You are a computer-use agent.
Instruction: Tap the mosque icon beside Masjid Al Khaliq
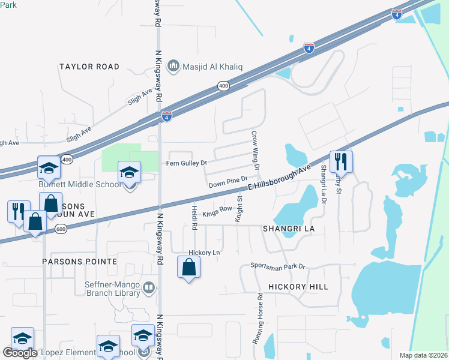pyautogui.click(x=173, y=65)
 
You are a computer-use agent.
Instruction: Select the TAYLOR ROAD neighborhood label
pyautogui.click(x=89, y=67)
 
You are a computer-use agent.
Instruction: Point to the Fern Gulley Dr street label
pyautogui.click(x=186, y=163)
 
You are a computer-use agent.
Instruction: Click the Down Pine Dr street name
pyautogui.click(x=228, y=181)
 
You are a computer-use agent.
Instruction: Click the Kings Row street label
pyautogui.click(x=217, y=211)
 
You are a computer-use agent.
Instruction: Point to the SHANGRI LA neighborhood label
pyautogui.click(x=285, y=229)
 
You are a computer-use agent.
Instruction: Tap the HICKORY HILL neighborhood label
pyautogui.click(x=298, y=287)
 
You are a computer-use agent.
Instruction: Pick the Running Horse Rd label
pyautogui.click(x=258, y=317)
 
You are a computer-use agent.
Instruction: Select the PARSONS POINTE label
pyautogui.click(x=79, y=262)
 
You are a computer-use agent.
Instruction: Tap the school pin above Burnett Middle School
pyautogui.click(x=128, y=173)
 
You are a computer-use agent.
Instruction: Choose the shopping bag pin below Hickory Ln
pyautogui.click(x=188, y=267)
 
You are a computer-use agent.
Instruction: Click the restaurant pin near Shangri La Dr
pyautogui.click(x=340, y=161)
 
